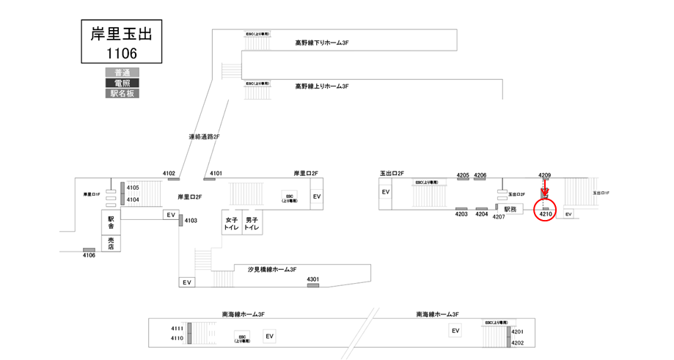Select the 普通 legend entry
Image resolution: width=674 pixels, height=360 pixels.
pos(122,72)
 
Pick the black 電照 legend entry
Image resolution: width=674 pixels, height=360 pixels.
pos(122,83)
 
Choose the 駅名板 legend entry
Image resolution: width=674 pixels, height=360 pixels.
pos(122,94)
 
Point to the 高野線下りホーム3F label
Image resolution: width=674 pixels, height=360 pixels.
pos(321,43)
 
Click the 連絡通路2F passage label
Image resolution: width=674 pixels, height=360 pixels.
pos(204,136)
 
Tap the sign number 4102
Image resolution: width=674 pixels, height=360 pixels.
pos(169,173)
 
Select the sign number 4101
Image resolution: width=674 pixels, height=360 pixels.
pos(216,173)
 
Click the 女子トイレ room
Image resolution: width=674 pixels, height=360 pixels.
pos(232,224)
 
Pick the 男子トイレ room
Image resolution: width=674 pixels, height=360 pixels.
pos(252,224)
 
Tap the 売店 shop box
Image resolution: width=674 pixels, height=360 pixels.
pos(111,242)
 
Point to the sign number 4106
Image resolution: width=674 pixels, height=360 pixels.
pos(88,255)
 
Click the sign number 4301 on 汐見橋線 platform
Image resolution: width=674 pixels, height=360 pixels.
pos(313,279)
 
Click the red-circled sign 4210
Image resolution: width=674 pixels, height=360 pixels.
pos(546,213)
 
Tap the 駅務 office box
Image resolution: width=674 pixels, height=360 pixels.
pos(511,209)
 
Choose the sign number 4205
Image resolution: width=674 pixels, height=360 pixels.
pos(462,175)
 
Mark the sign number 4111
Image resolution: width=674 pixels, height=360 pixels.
pos(177,328)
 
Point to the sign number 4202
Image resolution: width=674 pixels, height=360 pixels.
pos(518,342)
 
